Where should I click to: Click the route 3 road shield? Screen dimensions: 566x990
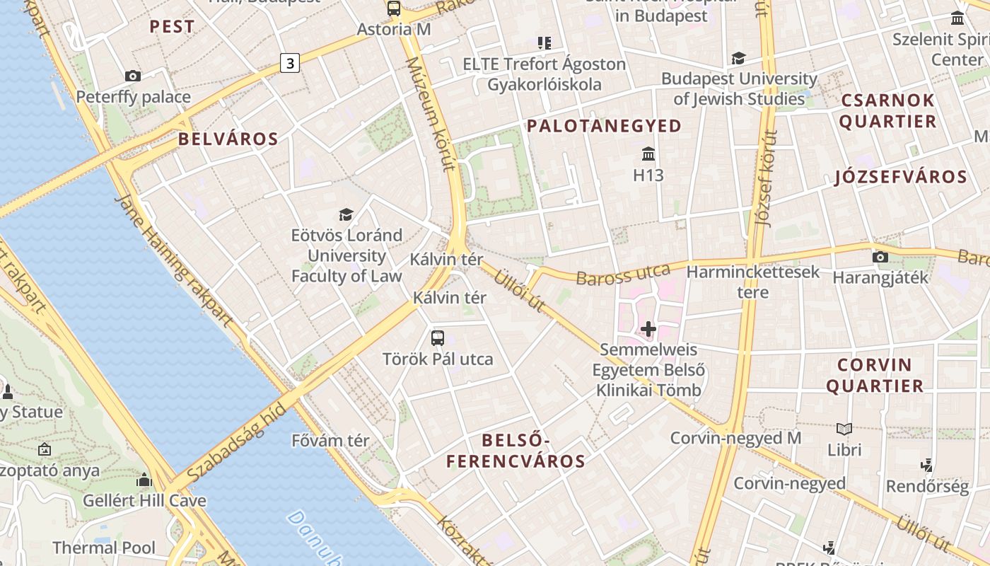point(289,63)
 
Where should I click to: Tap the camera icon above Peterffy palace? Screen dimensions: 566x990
point(132,76)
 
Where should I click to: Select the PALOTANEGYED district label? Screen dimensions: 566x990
point(604,126)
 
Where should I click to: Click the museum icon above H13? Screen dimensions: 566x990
point(648,154)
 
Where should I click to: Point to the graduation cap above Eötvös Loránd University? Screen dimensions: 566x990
point(346,214)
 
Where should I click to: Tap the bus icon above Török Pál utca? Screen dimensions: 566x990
point(438,337)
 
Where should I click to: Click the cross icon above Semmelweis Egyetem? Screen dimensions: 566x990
point(648,328)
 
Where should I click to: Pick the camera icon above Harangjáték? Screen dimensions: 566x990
point(880,257)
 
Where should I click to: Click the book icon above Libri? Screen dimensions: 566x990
point(844,429)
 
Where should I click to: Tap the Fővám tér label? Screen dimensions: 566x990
point(330,441)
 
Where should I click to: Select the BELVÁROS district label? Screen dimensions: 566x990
point(228,139)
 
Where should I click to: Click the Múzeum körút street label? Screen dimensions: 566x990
point(429,114)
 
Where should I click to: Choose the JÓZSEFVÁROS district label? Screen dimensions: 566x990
point(900,177)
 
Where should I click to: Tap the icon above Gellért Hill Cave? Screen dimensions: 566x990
point(144,480)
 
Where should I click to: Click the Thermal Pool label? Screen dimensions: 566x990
point(104,547)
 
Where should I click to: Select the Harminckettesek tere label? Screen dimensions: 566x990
point(752,282)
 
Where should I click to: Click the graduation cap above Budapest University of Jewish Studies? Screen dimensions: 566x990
point(738,58)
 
